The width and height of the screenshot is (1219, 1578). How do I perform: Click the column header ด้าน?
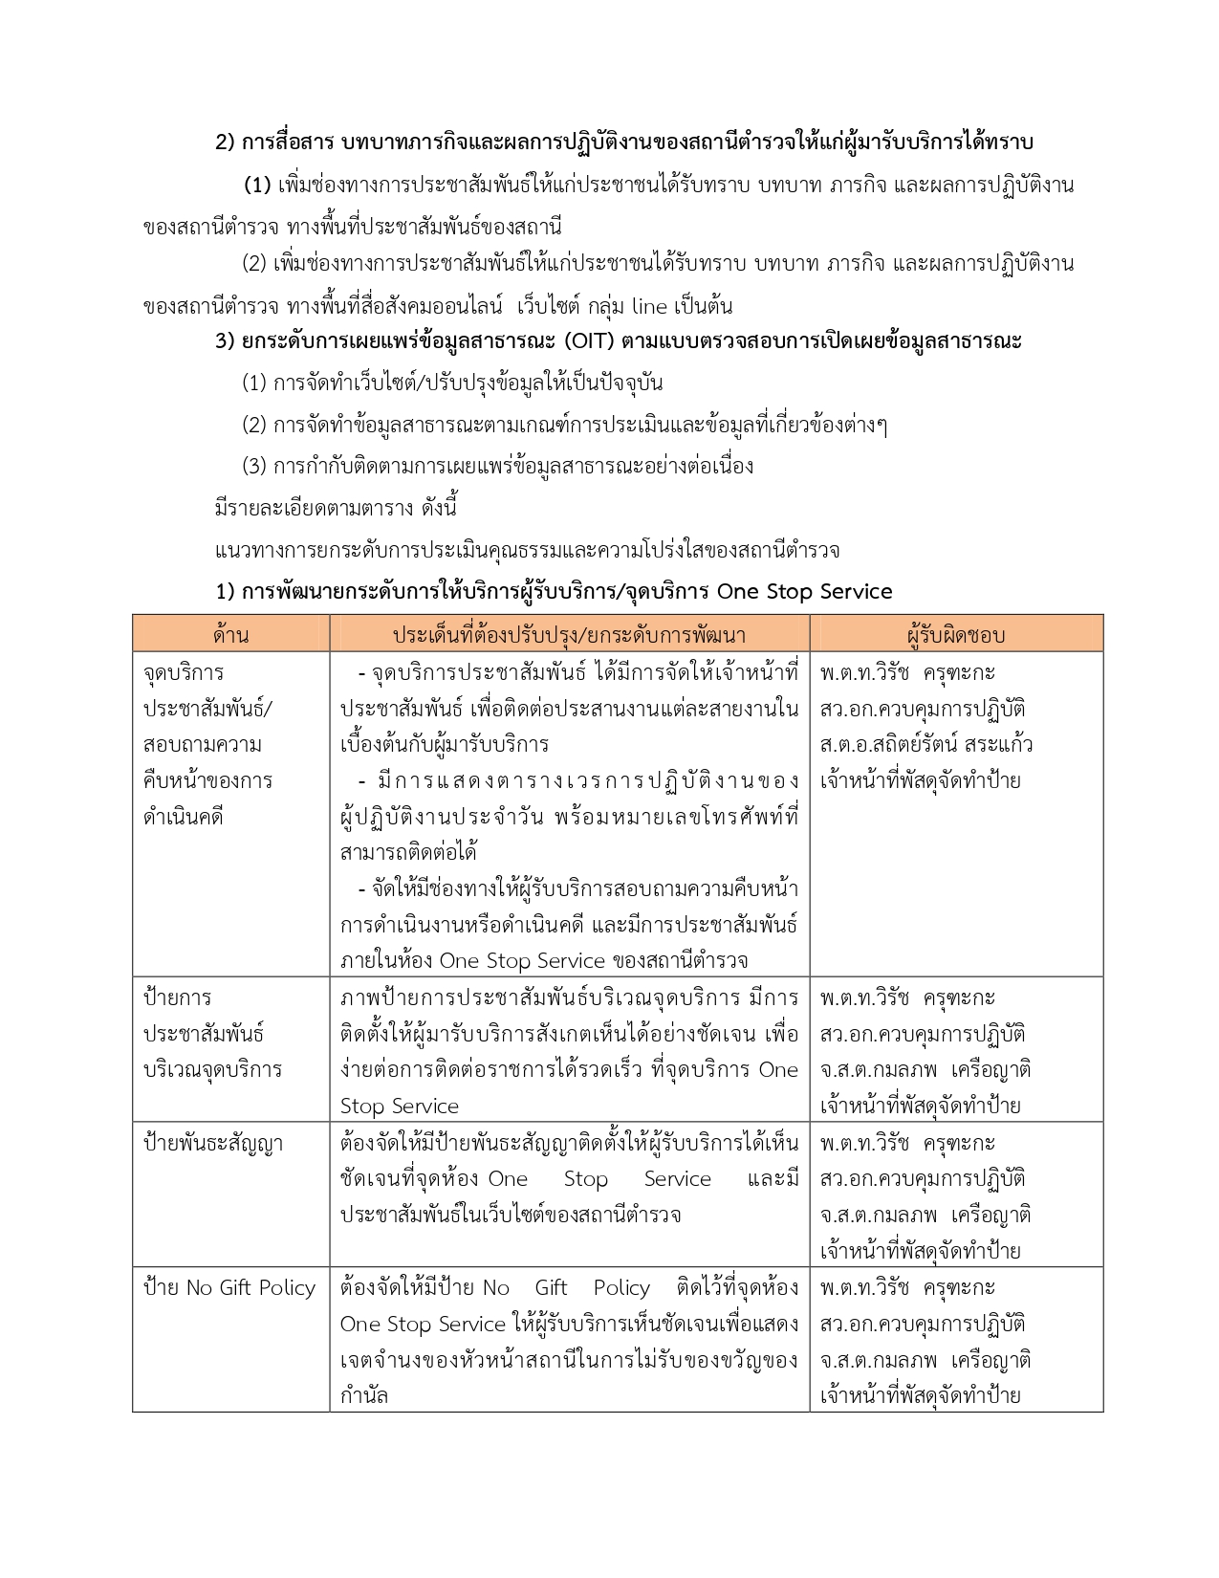pyautogui.click(x=231, y=635)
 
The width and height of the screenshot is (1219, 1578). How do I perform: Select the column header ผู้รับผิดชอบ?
pyautogui.click(x=955, y=635)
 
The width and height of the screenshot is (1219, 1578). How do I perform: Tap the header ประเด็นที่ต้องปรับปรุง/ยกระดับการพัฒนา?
pyautogui.click(x=569, y=635)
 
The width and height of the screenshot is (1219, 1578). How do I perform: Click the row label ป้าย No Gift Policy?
pyautogui.click(x=229, y=1288)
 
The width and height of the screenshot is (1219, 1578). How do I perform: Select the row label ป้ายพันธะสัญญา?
pyautogui.click(x=213, y=1144)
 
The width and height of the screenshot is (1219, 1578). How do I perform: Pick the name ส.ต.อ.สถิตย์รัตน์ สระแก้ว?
pyautogui.click(x=925, y=745)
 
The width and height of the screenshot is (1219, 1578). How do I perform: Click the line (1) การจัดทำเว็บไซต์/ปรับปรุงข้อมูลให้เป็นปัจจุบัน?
pyautogui.click(x=452, y=384)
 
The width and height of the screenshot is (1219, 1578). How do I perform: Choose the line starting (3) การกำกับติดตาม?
pyautogui.click(x=497, y=467)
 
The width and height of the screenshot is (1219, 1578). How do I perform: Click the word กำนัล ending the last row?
pyautogui.click(x=364, y=1395)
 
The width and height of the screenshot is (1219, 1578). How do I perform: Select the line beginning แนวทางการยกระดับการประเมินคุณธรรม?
pyautogui.click(x=527, y=550)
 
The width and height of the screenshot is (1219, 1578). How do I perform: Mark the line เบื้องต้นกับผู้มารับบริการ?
pyautogui.click(x=445, y=745)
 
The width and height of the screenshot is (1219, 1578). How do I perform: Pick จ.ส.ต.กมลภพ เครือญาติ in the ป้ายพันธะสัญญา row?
pyautogui.click(x=925, y=1216)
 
